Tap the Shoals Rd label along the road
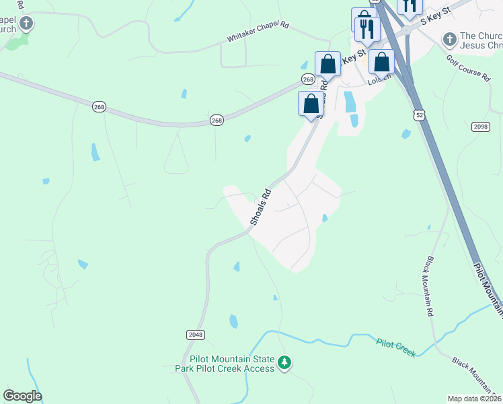click(261, 207)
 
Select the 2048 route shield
click(195, 334)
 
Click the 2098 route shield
click(480, 127)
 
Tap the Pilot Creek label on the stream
click(396, 347)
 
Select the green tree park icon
click(285, 364)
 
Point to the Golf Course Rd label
click(468, 67)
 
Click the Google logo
click(22, 396)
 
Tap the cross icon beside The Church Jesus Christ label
click(449, 40)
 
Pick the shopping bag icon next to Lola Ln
click(381, 63)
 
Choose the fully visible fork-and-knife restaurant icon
click(367, 28)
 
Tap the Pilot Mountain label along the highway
click(488, 289)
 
